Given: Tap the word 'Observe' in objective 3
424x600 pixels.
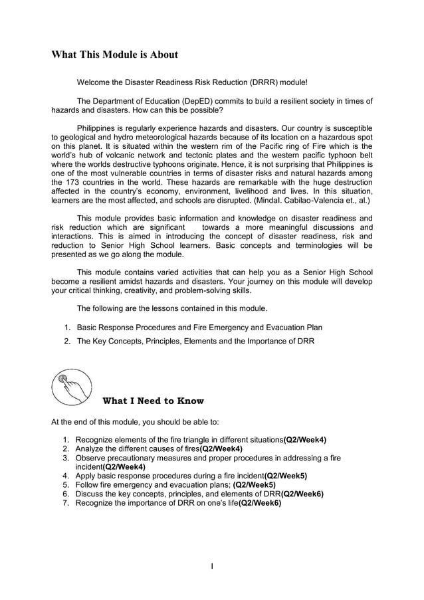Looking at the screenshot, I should click(x=91, y=458).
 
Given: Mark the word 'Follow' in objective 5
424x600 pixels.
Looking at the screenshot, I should click(x=88, y=485).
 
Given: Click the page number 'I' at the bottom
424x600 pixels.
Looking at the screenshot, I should click(x=212, y=566).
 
